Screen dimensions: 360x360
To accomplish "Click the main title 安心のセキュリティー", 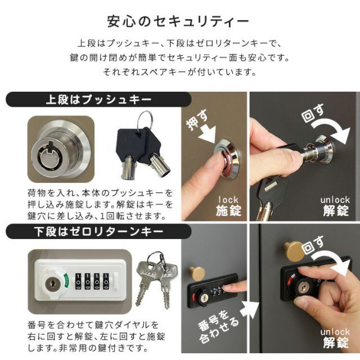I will [178, 22].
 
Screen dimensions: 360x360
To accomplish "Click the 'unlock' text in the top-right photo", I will [335, 200].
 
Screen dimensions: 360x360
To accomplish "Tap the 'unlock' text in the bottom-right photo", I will [335, 331].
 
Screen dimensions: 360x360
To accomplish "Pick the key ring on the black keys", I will [145, 120].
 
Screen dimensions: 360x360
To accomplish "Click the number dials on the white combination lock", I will [90, 279].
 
